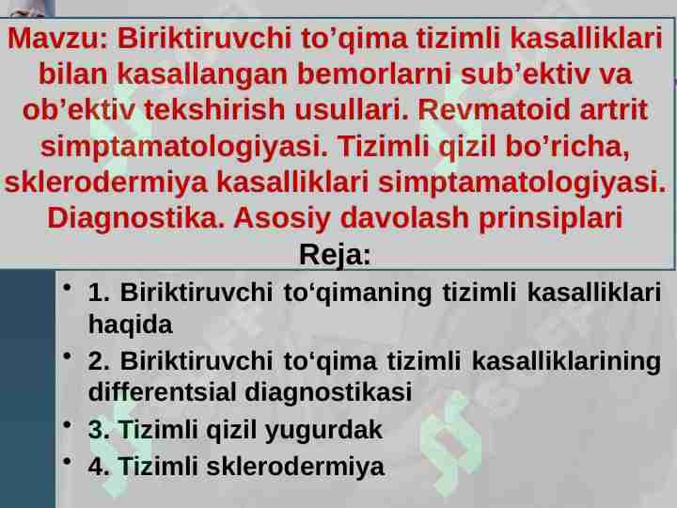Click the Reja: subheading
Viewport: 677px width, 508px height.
(x=336, y=255)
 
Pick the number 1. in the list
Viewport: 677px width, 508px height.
(x=99, y=292)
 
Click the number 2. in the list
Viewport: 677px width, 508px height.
(x=99, y=362)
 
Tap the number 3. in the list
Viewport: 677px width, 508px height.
(x=99, y=431)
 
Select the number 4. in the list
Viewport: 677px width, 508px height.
(x=99, y=466)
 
